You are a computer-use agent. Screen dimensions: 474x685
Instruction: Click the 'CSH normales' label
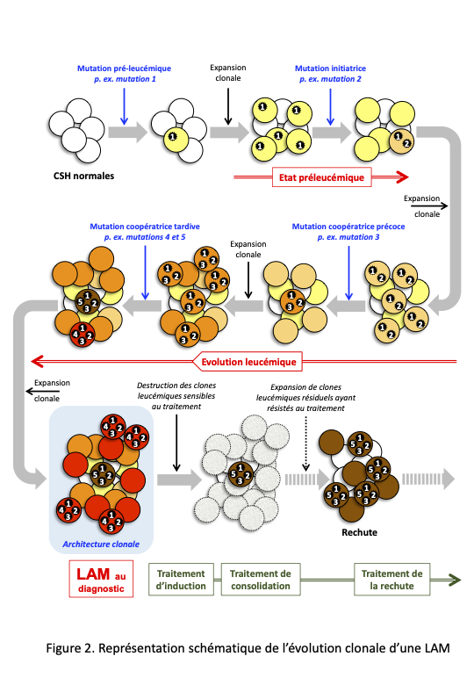coord(83,176)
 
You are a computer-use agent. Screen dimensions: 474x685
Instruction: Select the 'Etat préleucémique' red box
coord(321,177)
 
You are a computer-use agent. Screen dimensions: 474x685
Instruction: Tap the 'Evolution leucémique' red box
coord(248,362)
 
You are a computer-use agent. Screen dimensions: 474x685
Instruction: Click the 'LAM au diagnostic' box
coord(101,579)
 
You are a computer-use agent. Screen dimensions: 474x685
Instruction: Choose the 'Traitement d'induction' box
coord(181,580)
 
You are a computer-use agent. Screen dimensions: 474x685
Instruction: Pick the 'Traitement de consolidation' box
coord(261,580)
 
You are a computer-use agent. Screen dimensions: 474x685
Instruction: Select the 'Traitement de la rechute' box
coord(392,580)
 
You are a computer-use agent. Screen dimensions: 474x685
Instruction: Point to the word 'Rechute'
coord(359,532)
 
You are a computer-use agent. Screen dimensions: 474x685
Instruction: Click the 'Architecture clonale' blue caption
coord(101,544)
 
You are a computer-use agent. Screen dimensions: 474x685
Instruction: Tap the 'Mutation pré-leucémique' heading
coord(124,68)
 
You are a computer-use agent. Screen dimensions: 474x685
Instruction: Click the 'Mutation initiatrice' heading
coord(330,68)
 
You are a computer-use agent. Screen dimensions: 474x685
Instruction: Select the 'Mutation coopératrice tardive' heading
coord(145,227)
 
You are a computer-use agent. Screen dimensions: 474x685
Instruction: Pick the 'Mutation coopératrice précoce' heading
coord(348,227)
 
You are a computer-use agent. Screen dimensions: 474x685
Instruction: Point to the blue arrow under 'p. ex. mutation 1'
coord(125,106)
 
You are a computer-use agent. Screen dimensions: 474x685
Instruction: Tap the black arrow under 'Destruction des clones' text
coord(176,443)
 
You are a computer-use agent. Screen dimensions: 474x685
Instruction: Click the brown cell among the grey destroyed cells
coord(241,474)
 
